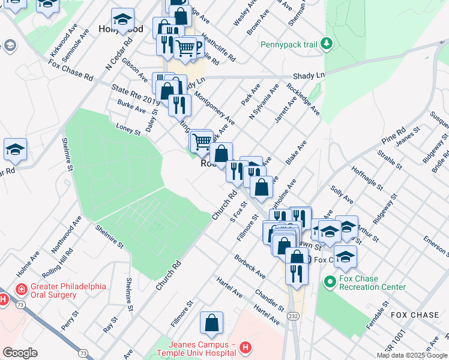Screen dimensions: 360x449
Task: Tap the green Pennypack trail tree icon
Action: pos(326,43)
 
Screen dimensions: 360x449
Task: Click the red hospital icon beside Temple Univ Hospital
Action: pos(245,347)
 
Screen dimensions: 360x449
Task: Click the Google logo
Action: pos(20,353)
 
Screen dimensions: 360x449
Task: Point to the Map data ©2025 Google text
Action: pos(412,355)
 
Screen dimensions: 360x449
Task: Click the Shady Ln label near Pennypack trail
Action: pos(309,76)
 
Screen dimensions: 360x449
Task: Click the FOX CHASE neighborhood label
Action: pos(414,314)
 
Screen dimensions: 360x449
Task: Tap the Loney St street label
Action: pos(128,129)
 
